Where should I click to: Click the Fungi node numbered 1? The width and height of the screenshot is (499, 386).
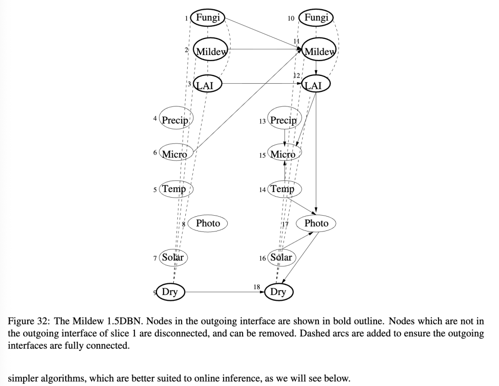[x=207, y=18]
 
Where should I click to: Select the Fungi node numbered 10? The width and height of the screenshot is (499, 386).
[x=316, y=18]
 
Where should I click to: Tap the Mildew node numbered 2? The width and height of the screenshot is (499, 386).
[x=211, y=51]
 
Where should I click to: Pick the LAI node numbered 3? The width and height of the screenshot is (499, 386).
[x=207, y=84]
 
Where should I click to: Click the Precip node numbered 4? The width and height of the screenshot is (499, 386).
[x=175, y=120]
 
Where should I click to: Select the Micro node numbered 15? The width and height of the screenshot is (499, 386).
[x=283, y=154]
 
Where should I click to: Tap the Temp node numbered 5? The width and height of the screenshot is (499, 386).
[x=174, y=189]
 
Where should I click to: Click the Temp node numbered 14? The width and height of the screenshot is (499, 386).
[x=282, y=189]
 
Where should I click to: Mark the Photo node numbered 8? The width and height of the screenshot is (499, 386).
[x=208, y=223]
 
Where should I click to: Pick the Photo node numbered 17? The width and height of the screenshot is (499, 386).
[x=316, y=223]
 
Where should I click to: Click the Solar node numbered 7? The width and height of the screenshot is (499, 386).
[x=173, y=257]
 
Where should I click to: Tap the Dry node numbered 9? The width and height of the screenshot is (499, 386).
[x=170, y=292]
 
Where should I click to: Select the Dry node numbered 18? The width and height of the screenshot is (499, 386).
[x=278, y=292]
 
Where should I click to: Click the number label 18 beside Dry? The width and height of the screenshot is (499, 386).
[x=257, y=287]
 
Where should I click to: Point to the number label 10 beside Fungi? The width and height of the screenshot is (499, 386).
[x=291, y=19]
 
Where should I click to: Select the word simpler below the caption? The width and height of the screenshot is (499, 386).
[x=25, y=379]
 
